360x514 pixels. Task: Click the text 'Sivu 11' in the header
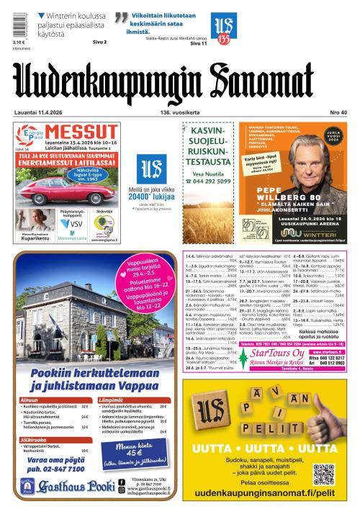click(199, 44)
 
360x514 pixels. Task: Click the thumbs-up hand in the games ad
click(321, 410)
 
